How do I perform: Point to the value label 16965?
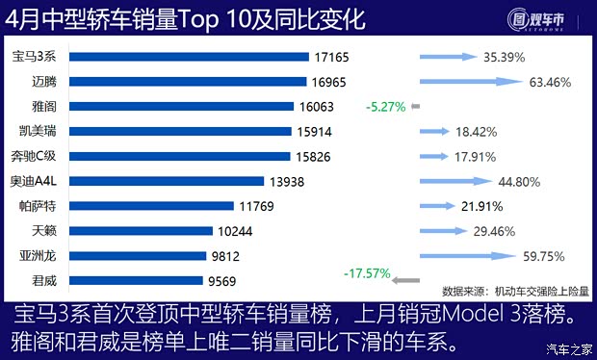(331, 83)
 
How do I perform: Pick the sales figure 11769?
(258, 206)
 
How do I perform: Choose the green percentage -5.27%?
(385, 107)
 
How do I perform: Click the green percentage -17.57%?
(365, 274)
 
